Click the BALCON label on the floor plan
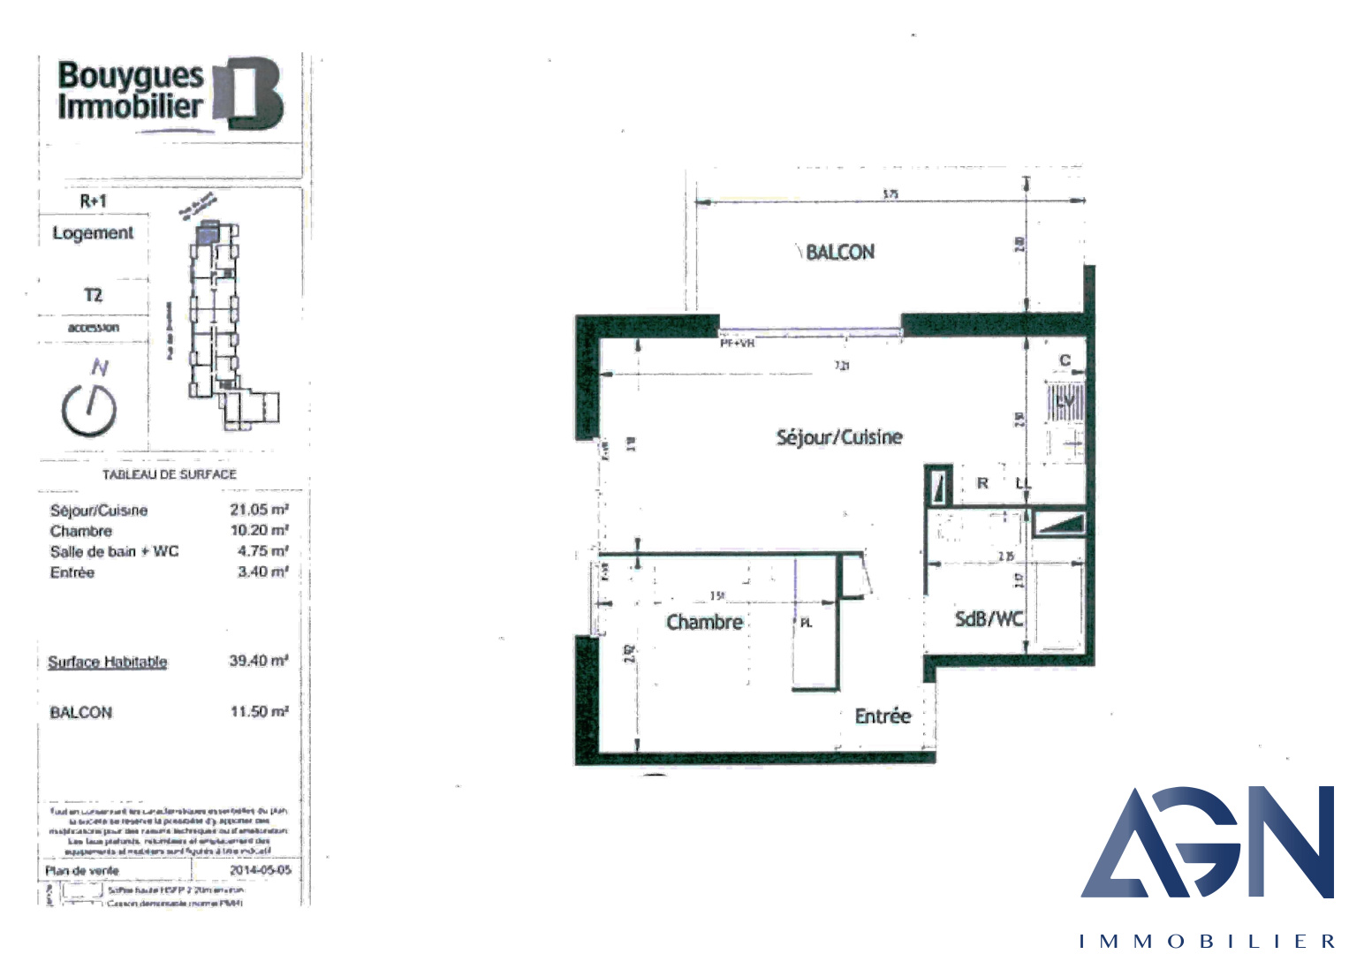coord(839,253)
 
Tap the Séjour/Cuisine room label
coord(839,437)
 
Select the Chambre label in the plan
coord(704,623)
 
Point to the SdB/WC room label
coord(989,619)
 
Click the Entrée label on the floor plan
coord(883,716)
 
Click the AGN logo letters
coord(1207,843)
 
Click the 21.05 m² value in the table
coord(259,510)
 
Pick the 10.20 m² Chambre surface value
coord(259,531)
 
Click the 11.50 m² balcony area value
coord(259,712)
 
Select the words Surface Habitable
coord(108,662)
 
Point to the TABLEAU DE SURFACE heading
coord(170,474)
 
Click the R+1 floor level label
coord(93,201)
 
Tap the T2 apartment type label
coord(93,295)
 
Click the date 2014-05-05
coord(260,870)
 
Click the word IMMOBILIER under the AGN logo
coord(1207,942)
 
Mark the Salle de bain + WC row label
coord(114,552)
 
